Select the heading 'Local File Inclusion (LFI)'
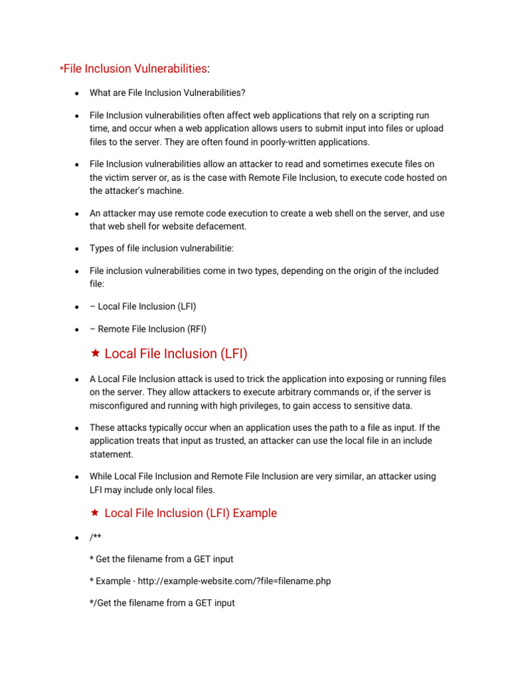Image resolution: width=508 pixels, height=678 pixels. pyautogui.click(x=176, y=354)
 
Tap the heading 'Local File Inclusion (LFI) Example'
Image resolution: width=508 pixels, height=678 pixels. pyautogui.click(x=190, y=513)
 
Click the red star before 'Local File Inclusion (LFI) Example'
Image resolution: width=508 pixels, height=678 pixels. pyautogui.click(x=95, y=513)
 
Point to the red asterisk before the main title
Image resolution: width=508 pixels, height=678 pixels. pyautogui.click(x=62, y=69)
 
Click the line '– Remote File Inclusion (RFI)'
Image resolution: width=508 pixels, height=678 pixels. pyautogui.click(x=152, y=329)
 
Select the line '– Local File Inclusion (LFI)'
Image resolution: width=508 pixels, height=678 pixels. pyautogui.click(x=143, y=307)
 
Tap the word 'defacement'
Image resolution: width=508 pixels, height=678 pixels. pyautogui.click(x=228, y=226)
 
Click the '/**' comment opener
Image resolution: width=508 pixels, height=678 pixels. pyautogui.click(x=97, y=536)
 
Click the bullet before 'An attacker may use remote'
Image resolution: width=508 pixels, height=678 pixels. pyautogui.click(x=77, y=215)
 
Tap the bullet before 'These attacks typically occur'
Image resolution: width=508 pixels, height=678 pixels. pyautogui.click(x=77, y=428)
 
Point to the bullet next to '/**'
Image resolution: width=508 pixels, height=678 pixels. pyautogui.click(x=77, y=537)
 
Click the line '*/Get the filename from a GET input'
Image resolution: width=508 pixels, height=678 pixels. pyautogui.click(x=162, y=603)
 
